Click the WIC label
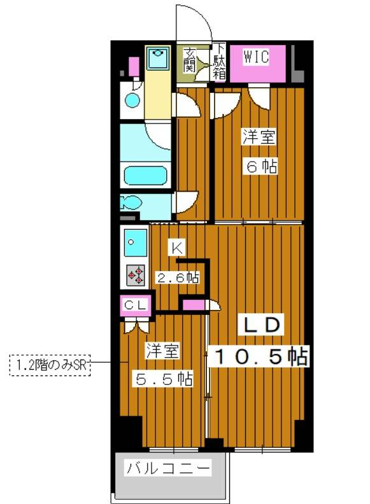click(256, 57)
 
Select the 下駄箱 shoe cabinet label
click(220, 61)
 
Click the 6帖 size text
click(262, 167)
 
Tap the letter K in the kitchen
click(177, 248)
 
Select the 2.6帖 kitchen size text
click(178, 277)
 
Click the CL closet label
click(136, 305)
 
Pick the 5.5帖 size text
click(164, 379)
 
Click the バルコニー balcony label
click(168, 468)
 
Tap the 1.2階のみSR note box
click(50, 365)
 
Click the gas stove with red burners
click(136, 275)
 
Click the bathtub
click(146, 176)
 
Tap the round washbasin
click(133, 101)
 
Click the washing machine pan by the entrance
click(157, 58)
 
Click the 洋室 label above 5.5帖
click(162, 351)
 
